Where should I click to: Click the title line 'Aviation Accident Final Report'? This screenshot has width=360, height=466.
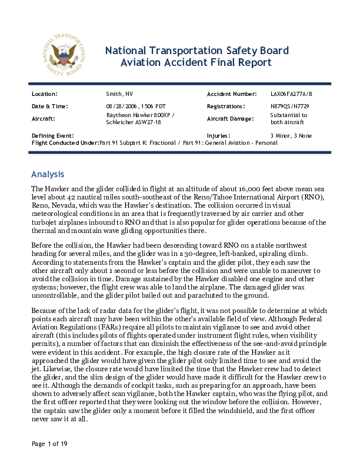click(x=196, y=62)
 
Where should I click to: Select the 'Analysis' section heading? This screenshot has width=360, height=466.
click(x=47, y=175)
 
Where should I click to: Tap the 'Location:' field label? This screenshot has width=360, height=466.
click(x=44, y=94)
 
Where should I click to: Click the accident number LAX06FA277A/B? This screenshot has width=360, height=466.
click(x=292, y=94)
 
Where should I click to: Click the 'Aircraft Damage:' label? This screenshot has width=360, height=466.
click(x=231, y=119)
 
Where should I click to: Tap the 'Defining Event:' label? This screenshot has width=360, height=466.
click(x=52, y=135)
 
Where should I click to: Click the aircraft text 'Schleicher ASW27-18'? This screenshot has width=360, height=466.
click(x=133, y=122)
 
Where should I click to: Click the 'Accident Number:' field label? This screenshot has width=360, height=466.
click(x=231, y=94)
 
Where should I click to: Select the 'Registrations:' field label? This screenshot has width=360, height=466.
click(x=226, y=106)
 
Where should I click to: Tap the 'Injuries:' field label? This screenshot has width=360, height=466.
click(x=218, y=135)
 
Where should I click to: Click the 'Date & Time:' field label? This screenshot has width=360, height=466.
click(x=49, y=106)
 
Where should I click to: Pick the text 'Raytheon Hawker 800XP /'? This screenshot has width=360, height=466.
click(x=140, y=115)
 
